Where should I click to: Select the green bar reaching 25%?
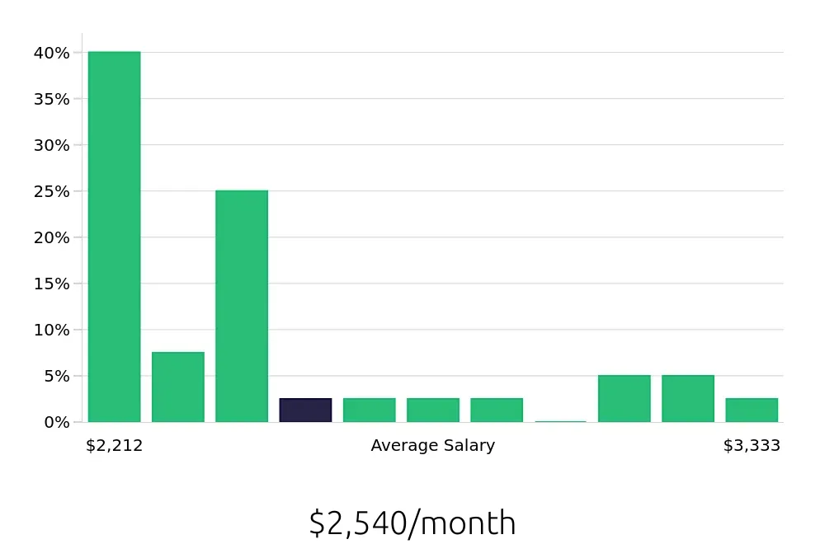pyautogui.click(x=242, y=306)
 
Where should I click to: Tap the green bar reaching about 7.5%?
pyautogui.click(x=177, y=387)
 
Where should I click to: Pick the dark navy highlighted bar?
pyautogui.click(x=305, y=410)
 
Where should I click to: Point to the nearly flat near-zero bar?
pyautogui.click(x=560, y=421)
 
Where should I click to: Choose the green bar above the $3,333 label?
pyautogui.click(x=752, y=410)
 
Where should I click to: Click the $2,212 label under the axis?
pyautogui.click(x=114, y=446)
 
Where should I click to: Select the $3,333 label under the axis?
pyautogui.click(x=752, y=446)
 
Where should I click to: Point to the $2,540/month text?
pyautogui.click(x=412, y=523)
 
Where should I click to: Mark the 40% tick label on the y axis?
pyautogui.click(x=51, y=53)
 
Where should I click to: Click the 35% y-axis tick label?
pyautogui.click(x=51, y=99)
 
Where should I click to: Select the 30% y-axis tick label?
pyautogui.click(x=51, y=145)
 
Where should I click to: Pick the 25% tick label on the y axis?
pyautogui.click(x=51, y=191)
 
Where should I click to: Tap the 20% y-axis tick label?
pyautogui.click(x=51, y=237)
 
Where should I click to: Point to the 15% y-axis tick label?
pyautogui.click(x=51, y=284)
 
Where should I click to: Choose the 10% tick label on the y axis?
pyautogui.click(x=51, y=330)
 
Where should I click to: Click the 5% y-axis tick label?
pyautogui.click(x=55, y=376)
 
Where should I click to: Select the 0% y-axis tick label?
pyautogui.click(x=55, y=422)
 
